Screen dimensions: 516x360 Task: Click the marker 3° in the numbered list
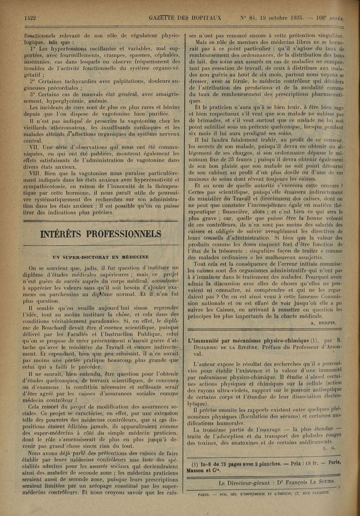click(x=33, y=94)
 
